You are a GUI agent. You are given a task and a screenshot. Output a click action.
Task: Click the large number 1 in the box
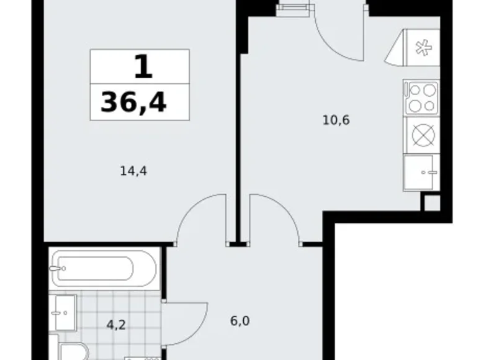click(142, 66)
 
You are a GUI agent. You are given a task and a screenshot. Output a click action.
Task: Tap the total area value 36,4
click(133, 102)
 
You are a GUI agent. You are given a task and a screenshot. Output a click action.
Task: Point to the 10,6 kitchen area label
click(336, 120)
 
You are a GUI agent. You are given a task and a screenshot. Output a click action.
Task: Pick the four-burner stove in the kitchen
click(421, 98)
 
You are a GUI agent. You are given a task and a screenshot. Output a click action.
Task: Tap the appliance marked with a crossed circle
click(421, 134)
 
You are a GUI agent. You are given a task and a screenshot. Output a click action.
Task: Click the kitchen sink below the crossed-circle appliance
click(421, 172)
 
